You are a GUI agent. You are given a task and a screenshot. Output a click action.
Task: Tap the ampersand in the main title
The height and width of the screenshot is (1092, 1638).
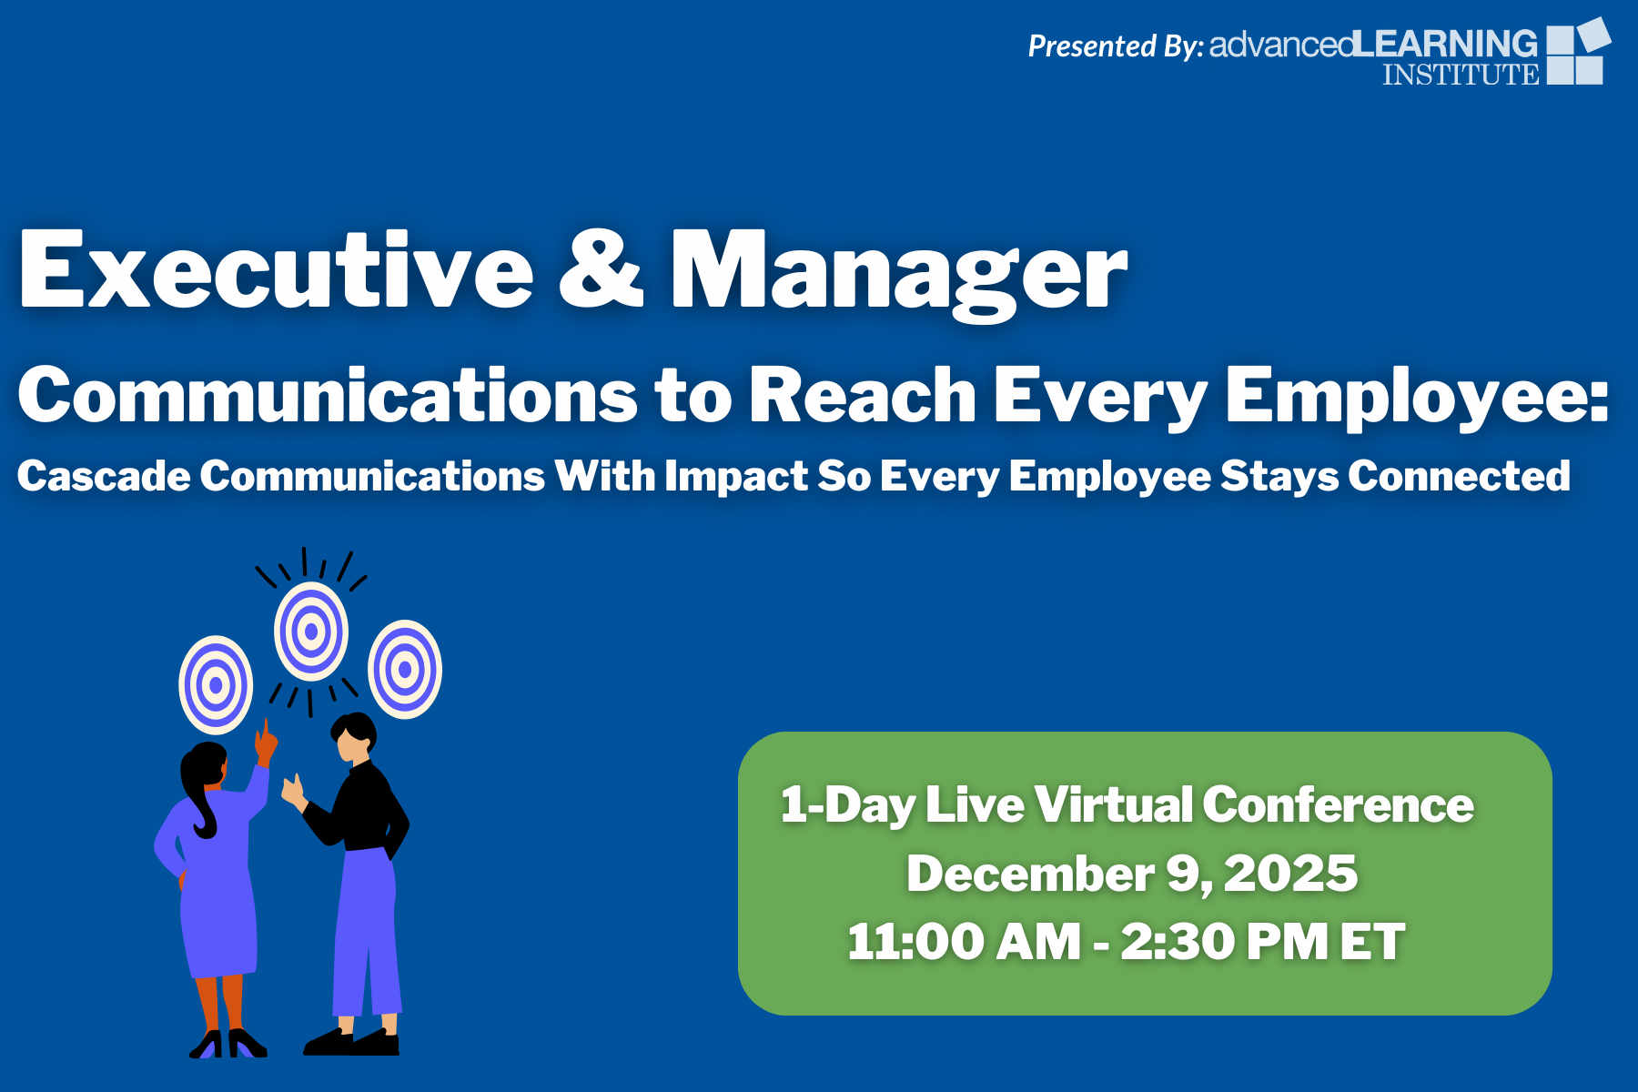click(602, 269)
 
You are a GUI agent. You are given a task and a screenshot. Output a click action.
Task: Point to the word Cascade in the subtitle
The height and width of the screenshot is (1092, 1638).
click(104, 475)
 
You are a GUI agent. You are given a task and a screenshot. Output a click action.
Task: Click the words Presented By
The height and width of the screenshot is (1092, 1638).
click(1116, 45)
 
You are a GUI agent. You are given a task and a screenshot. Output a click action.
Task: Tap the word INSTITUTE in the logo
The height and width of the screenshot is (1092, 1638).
click(1461, 74)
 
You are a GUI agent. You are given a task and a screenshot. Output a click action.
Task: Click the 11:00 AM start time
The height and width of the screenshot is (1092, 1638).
click(964, 941)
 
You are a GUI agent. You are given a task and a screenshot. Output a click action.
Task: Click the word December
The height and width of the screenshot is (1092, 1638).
click(1030, 873)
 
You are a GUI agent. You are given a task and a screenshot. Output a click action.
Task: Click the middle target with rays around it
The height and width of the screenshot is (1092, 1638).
click(311, 632)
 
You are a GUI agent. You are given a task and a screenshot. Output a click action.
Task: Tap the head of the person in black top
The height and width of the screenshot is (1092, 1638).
click(353, 737)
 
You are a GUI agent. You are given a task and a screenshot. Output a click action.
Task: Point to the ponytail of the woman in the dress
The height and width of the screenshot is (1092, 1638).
click(202, 801)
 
